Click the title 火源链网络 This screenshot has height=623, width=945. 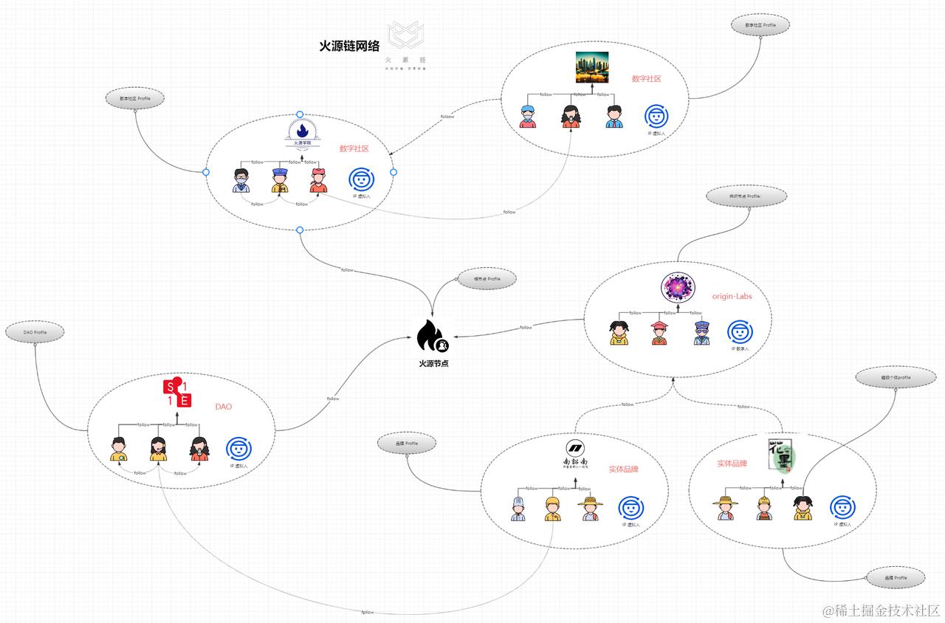(x=349, y=46)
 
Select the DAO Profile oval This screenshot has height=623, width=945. (x=35, y=333)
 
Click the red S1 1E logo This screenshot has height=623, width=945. (x=177, y=393)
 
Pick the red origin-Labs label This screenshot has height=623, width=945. (x=732, y=297)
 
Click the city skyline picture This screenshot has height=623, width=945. (x=591, y=67)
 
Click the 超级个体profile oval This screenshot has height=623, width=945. (x=894, y=377)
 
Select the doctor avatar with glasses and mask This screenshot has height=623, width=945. (x=241, y=181)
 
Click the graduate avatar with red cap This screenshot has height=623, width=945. (x=659, y=334)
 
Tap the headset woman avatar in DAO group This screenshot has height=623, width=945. (x=158, y=449)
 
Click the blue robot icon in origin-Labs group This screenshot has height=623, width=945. (x=739, y=333)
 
